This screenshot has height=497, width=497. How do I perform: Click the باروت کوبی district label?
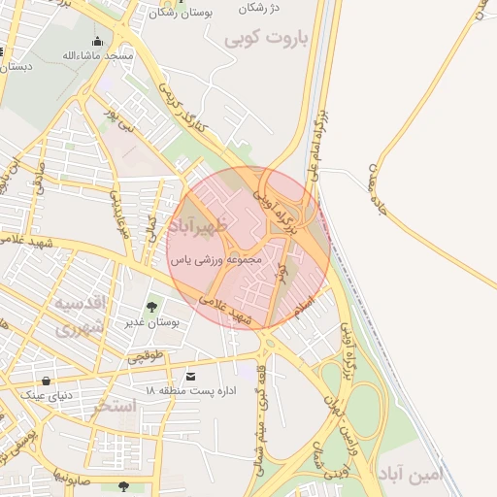[x=264, y=39]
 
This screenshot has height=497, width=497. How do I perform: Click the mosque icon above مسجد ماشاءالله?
[x=97, y=41]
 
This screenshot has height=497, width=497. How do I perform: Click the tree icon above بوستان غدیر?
[x=151, y=308]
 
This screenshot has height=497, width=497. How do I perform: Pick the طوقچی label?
[x=149, y=359]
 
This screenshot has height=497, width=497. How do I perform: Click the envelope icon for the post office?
[x=189, y=376]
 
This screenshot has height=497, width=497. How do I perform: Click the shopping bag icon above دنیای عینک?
[x=46, y=380]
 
